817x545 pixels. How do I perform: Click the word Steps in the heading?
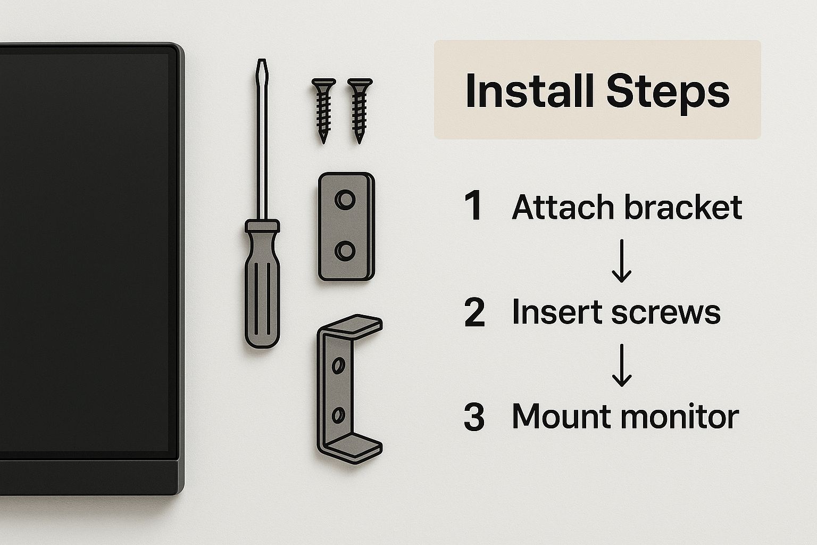(668, 93)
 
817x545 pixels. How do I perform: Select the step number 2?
(474, 312)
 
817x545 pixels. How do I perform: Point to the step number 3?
(474, 417)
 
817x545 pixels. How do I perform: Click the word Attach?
(563, 207)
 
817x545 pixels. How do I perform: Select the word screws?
(665, 314)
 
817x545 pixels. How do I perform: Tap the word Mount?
(562, 417)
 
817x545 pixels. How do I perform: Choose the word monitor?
(680, 417)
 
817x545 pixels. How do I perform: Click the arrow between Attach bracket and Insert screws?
(621, 261)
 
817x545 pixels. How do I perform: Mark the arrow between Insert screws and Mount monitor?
(621, 365)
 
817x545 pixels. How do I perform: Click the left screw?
(323, 111)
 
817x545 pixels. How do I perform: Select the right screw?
(360, 111)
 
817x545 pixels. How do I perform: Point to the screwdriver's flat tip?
(262, 61)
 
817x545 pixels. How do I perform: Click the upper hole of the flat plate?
(345, 200)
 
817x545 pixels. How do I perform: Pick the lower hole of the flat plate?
(345, 251)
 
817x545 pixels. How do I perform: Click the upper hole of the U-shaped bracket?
(338, 365)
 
